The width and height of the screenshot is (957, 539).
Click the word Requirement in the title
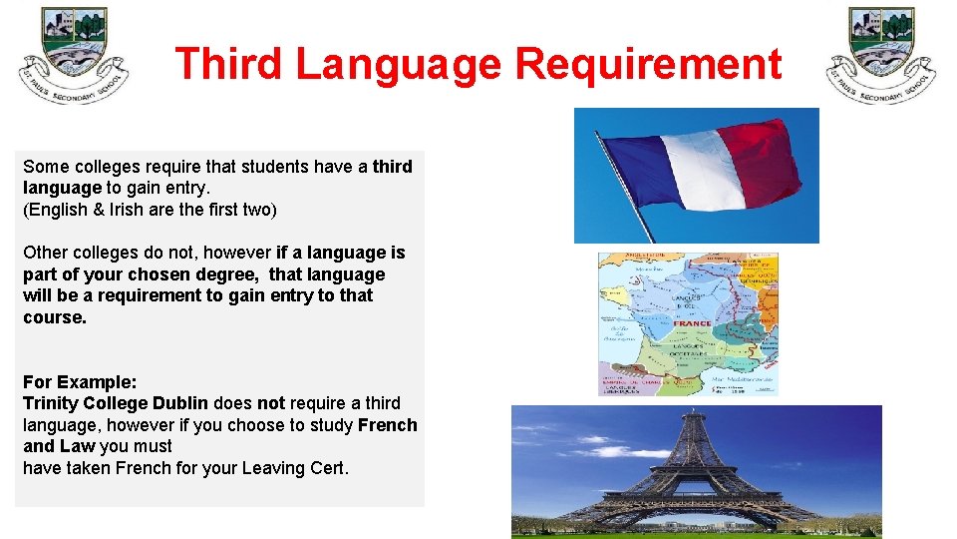click(648, 65)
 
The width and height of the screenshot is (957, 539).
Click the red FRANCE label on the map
click(692, 323)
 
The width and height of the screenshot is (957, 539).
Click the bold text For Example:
click(80, 382)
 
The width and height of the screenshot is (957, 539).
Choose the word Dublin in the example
click(180, 403)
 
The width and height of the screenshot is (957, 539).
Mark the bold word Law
click(78, 446)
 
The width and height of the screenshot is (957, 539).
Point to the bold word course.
click(55, 317)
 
